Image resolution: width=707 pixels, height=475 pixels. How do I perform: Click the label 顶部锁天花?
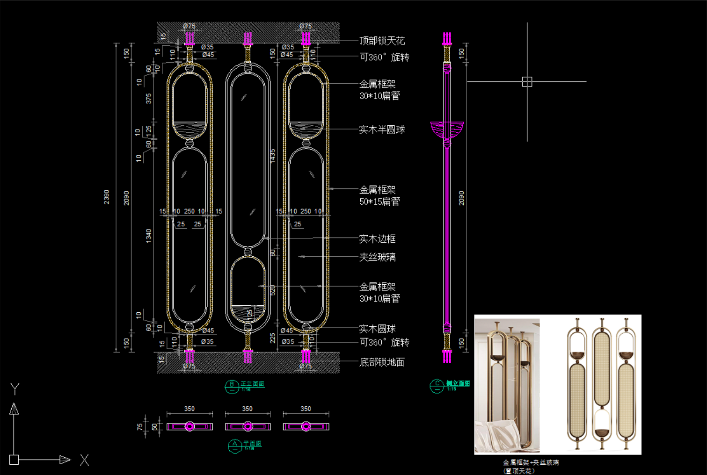(382, 41)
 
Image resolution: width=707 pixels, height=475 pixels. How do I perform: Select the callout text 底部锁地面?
(381, 362)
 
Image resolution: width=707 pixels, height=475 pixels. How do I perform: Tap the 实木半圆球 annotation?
(381, 130)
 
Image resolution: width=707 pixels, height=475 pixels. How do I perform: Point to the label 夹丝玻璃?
(377, 257)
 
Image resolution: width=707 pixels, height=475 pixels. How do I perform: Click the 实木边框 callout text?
(377, 239)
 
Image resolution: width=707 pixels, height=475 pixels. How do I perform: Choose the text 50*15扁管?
(379, 202)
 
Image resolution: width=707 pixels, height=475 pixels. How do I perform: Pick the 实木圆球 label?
(377, 329)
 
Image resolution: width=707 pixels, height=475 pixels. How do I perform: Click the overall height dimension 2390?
(107, 197)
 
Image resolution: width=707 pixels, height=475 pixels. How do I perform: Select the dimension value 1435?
(273, 156)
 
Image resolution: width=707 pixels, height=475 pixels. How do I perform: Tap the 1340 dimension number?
(148, 236)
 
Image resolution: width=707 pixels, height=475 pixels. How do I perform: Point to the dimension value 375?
(148, 98)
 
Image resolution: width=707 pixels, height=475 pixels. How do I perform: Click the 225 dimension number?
(273, 338)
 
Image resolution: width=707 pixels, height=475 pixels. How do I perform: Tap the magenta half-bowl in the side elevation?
(447, 129)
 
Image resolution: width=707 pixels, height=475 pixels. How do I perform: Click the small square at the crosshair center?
(527, 82)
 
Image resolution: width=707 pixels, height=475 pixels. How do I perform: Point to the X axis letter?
(84, 460)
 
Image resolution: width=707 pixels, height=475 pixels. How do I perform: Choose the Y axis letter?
(15, 389)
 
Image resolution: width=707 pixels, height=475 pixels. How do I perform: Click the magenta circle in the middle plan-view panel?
(248, 426)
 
